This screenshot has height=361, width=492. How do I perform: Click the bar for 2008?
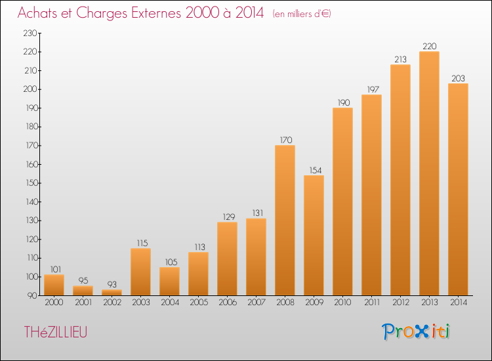point(285,220)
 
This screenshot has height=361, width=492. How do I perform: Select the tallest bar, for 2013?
point(429,173)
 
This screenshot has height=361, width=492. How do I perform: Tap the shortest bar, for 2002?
point(112,293)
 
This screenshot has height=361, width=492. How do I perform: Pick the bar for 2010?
point(342,202)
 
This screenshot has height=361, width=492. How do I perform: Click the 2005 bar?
point(198,274)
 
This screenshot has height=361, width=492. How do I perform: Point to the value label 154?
point(316,171)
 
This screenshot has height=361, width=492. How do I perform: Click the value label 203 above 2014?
point(458,79)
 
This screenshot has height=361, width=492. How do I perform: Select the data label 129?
point(229,217)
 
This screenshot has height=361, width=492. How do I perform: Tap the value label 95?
point(83,281)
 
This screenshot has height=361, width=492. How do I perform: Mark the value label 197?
point(373,90)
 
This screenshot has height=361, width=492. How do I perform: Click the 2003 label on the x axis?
point(141,303)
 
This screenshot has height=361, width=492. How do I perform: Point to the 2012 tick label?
point(401,303)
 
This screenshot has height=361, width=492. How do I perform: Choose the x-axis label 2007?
point(256,303)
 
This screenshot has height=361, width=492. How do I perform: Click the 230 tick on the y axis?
point(30,33)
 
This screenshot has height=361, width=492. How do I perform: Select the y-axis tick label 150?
point(31,183)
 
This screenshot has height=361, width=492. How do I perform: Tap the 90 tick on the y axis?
point(32,296)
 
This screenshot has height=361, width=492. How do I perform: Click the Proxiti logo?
point(416,331)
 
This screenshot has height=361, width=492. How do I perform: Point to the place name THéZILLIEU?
point(56,332)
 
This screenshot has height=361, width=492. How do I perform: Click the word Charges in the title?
point(102,14)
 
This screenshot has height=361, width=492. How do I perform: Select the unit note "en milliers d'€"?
point(302,14)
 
